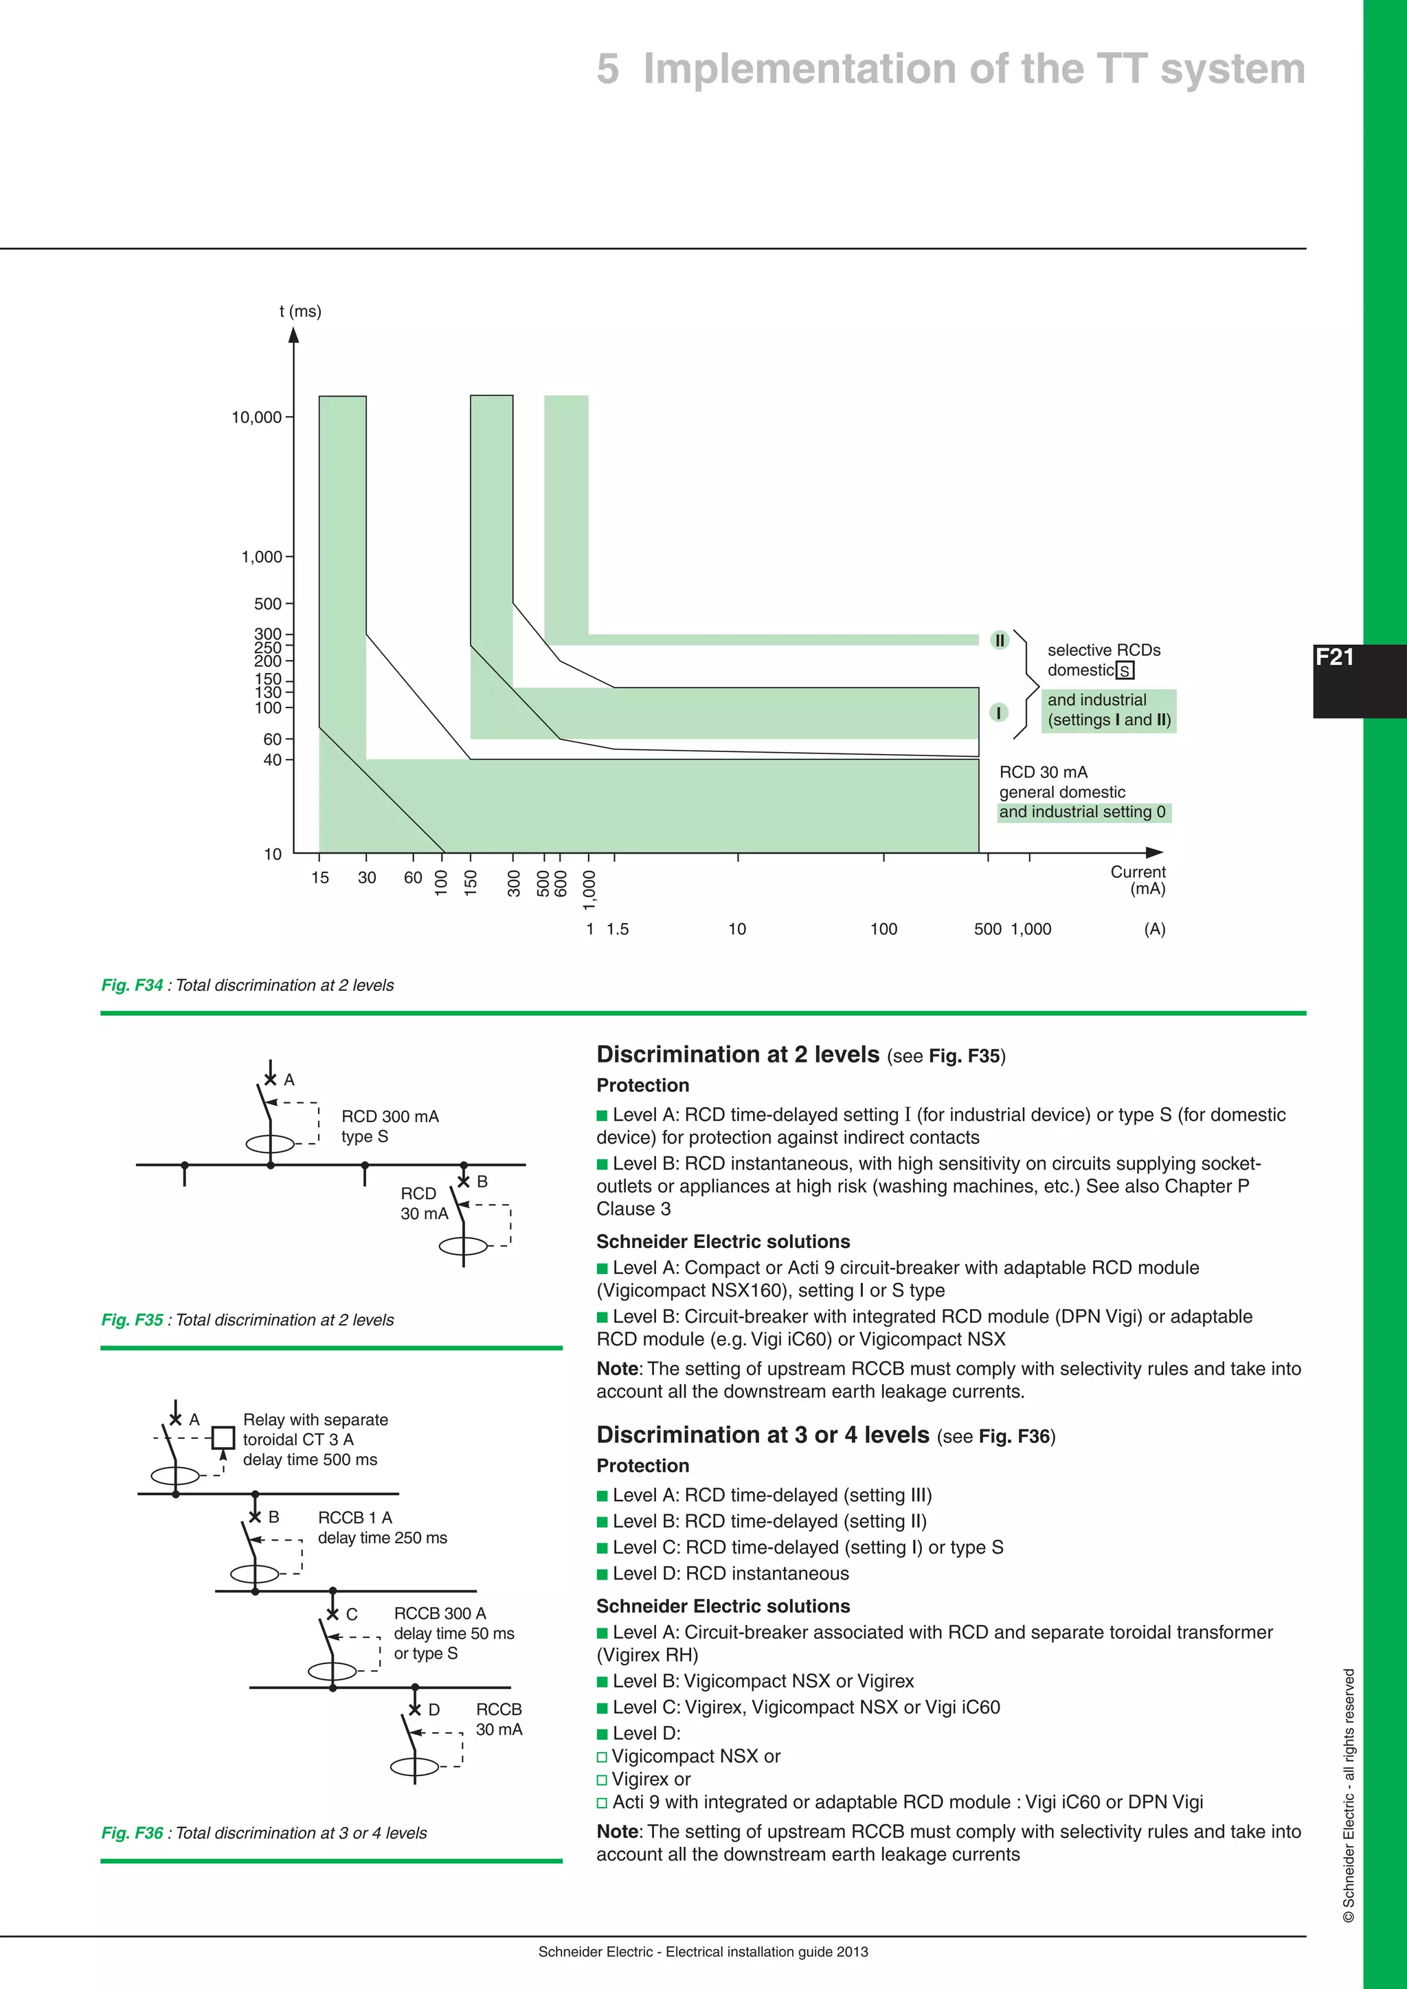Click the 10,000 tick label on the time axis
(256, 418)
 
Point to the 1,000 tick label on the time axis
(262, 557)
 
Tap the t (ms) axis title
(300, 311)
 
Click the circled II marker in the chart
(1000, 640)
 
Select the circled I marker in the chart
(999, 712)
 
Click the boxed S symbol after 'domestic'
(1125, 670)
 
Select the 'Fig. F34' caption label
(132, 985)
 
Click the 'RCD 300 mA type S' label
(390, 1126)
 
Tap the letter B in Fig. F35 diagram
(482, 1181)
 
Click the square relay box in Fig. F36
(223, 1438)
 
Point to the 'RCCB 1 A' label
(355, 1518)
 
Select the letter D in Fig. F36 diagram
(434, 1709)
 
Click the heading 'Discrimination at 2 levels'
(737, 1054)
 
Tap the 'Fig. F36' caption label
(132, 1833)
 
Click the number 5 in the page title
(607, 69)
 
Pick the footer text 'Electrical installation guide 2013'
(767, 1952)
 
